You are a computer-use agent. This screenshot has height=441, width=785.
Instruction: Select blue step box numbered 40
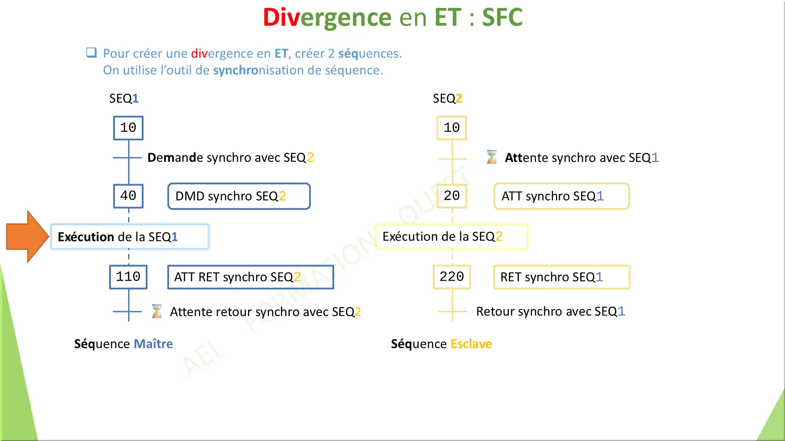pyautogui.click(x=128, y=196)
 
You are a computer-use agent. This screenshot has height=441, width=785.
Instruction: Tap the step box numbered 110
pyautogui.click(x=128, y=277)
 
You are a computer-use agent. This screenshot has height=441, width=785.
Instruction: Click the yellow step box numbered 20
pyautogui.click(x=452, y=196)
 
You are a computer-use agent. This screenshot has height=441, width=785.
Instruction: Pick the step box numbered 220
pyautogui.click(x=452, y=277)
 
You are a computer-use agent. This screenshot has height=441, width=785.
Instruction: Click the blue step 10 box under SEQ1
pyautogui.click(x=128, y=128)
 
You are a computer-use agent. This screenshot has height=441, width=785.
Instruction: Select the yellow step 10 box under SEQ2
pyautogui.click(x=452, y=128)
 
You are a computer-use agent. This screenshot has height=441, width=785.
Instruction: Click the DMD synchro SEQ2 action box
pyautogui.click(x=239, y=196)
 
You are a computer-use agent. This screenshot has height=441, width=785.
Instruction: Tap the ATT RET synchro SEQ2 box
pyautogui.click(x=251, y=277)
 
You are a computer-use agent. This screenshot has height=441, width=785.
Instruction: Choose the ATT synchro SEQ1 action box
pyautogui.click(x=561, y=196)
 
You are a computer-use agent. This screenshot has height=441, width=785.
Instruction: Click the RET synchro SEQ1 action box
pyautogui.click(x=561, y=277)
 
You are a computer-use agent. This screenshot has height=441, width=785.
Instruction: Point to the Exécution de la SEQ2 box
pyautogui.click(x=452, y=237)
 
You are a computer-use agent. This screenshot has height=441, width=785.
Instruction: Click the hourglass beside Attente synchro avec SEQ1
pyautogui.click(x=492, y=157)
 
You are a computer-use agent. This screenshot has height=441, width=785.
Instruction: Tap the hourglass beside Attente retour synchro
pyautogui.click(x=157, y=311)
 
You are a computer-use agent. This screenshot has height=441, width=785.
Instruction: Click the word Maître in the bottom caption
pyautogui.click(x=153, y=344)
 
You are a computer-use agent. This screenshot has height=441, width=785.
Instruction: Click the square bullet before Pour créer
pyautogui.click(x=92, y=53)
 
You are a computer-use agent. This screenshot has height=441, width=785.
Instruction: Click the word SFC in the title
pyautogui.click(x=502, y=18)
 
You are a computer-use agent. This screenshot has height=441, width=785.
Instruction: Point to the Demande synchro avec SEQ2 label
pyautogui.click(x=230, y=157)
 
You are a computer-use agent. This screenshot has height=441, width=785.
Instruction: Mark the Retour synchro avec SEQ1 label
pyautogui.click(x=550, y=311)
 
